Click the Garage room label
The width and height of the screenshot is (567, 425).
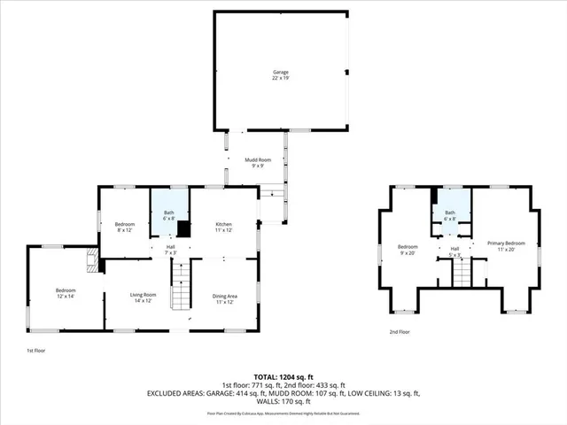click(280, 74)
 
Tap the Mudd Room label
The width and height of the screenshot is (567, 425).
click(257, 162)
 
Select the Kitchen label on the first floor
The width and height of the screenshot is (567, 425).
click(223, 228)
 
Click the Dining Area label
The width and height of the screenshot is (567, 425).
click(223, 298)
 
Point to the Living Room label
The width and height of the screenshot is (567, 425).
click(144, 298)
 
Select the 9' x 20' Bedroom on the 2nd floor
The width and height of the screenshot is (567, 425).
click(407, 249)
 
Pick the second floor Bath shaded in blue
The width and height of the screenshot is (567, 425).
click(450, 215)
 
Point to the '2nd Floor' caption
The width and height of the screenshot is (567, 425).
click(401, 332)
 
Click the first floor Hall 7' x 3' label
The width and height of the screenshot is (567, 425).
click(171, 250)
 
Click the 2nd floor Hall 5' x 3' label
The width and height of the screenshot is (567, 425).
click(454, 252)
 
